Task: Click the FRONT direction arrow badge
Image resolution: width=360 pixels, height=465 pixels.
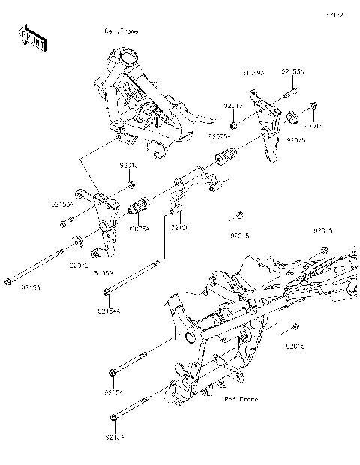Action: coord(32,37)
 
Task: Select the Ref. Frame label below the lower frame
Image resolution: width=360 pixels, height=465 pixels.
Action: coord(241,400)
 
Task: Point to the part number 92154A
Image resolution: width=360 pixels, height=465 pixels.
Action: coord(107,308)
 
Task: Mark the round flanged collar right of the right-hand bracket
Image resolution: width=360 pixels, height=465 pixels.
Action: coord(292,117)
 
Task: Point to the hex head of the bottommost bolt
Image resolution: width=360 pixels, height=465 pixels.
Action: coord(113,418)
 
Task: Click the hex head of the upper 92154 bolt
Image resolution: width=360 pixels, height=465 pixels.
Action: coord(112,371)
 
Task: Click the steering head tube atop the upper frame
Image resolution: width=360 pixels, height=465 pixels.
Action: coord(126,55)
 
